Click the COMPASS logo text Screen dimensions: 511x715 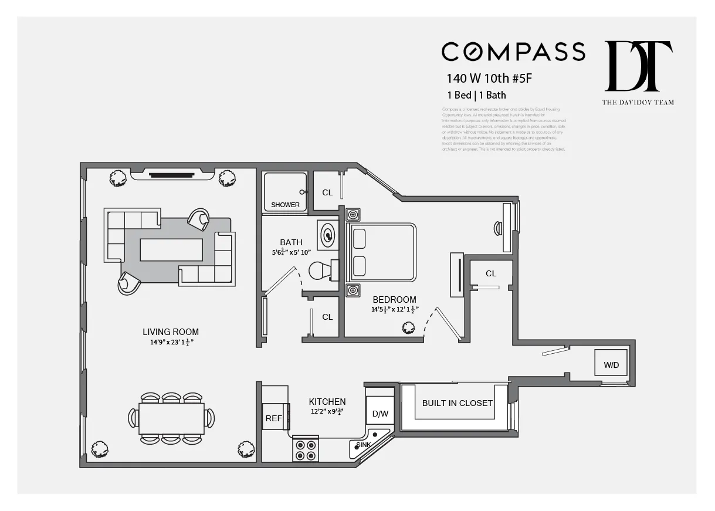pos(513,52)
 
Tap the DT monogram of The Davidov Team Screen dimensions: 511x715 pos(638,66)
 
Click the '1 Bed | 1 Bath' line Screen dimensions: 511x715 pos(476,94)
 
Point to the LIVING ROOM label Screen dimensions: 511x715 pos(170,331)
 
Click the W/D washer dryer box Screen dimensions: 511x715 pos(611,365)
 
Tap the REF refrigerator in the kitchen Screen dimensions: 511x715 pos(273,418)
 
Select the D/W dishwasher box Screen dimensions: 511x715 pos(380,414)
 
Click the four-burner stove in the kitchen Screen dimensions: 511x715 pos(305,449)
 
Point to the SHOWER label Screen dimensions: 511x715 pos(285,205)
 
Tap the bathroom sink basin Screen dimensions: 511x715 pos(327,235)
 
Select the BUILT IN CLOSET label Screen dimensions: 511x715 pos(458,403)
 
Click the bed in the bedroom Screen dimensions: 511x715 pos(382,252)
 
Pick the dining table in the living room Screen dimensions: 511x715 pos(171,418)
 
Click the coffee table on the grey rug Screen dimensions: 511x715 pos(171,249)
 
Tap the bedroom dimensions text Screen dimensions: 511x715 pos(395,310)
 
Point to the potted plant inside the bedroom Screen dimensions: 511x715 pos(408,329)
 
